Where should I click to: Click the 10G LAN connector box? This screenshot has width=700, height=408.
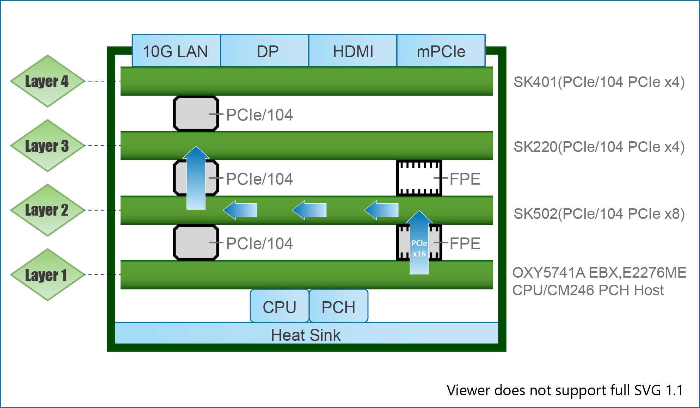[176, 51]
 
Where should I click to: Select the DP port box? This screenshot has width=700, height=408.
[264, 51]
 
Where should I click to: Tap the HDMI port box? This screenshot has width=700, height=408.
[352, 51]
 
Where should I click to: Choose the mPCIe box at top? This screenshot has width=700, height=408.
[441, 51]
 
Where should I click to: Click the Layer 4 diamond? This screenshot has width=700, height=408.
[47, 81]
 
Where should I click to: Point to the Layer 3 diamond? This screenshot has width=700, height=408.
[47, 146]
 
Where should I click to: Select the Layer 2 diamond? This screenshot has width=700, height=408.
[47, 210]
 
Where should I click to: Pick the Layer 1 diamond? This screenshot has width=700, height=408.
[47, 275]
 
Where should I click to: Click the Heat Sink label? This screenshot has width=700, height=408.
[306, 335]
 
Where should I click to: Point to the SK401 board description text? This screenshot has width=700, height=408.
[599, 82]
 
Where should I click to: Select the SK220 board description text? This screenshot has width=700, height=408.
[599, 147]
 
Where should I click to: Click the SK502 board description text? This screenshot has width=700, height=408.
[599, 214]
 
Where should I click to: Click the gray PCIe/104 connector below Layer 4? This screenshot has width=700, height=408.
[196, 114]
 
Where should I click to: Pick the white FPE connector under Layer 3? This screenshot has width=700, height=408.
[419, 178]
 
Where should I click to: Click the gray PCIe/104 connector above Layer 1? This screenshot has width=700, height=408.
[196, 243]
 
